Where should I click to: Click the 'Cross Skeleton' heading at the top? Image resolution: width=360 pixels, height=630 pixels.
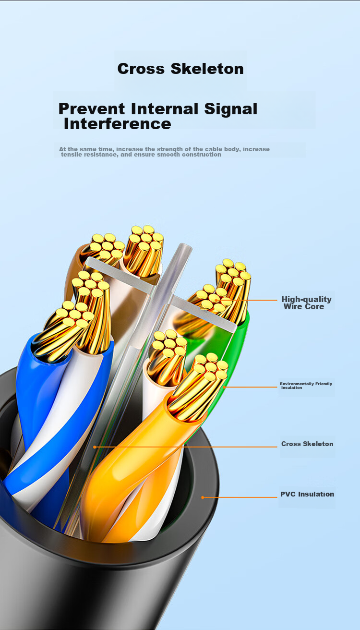click(x=180, y=69)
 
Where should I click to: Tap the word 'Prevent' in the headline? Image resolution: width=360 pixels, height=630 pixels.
click(x=91, y=109)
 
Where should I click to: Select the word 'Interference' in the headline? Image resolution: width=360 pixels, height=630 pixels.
click(x=117, y=124)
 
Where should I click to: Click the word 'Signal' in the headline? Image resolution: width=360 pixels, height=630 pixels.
click(x=230, y=109)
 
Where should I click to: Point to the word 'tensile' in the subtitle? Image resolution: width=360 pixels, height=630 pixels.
click(x=71, y=155)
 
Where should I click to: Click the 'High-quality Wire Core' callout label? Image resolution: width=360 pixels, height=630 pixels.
click(x=306, y=303)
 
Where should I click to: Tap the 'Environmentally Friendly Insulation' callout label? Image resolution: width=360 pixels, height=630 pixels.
click(x=306, y=386)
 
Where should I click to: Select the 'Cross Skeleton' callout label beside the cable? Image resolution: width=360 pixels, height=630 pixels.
click(x=307, y=444)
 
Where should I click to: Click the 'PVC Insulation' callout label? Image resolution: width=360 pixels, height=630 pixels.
click(x=307, y=494)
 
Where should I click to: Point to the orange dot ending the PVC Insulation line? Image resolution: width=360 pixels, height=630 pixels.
click(x=203, y=497)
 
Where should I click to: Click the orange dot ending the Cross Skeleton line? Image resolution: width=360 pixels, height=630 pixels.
click(x=95, y=447)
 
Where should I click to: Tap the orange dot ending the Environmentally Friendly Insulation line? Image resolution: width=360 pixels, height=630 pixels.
click(x=224, y=388)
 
